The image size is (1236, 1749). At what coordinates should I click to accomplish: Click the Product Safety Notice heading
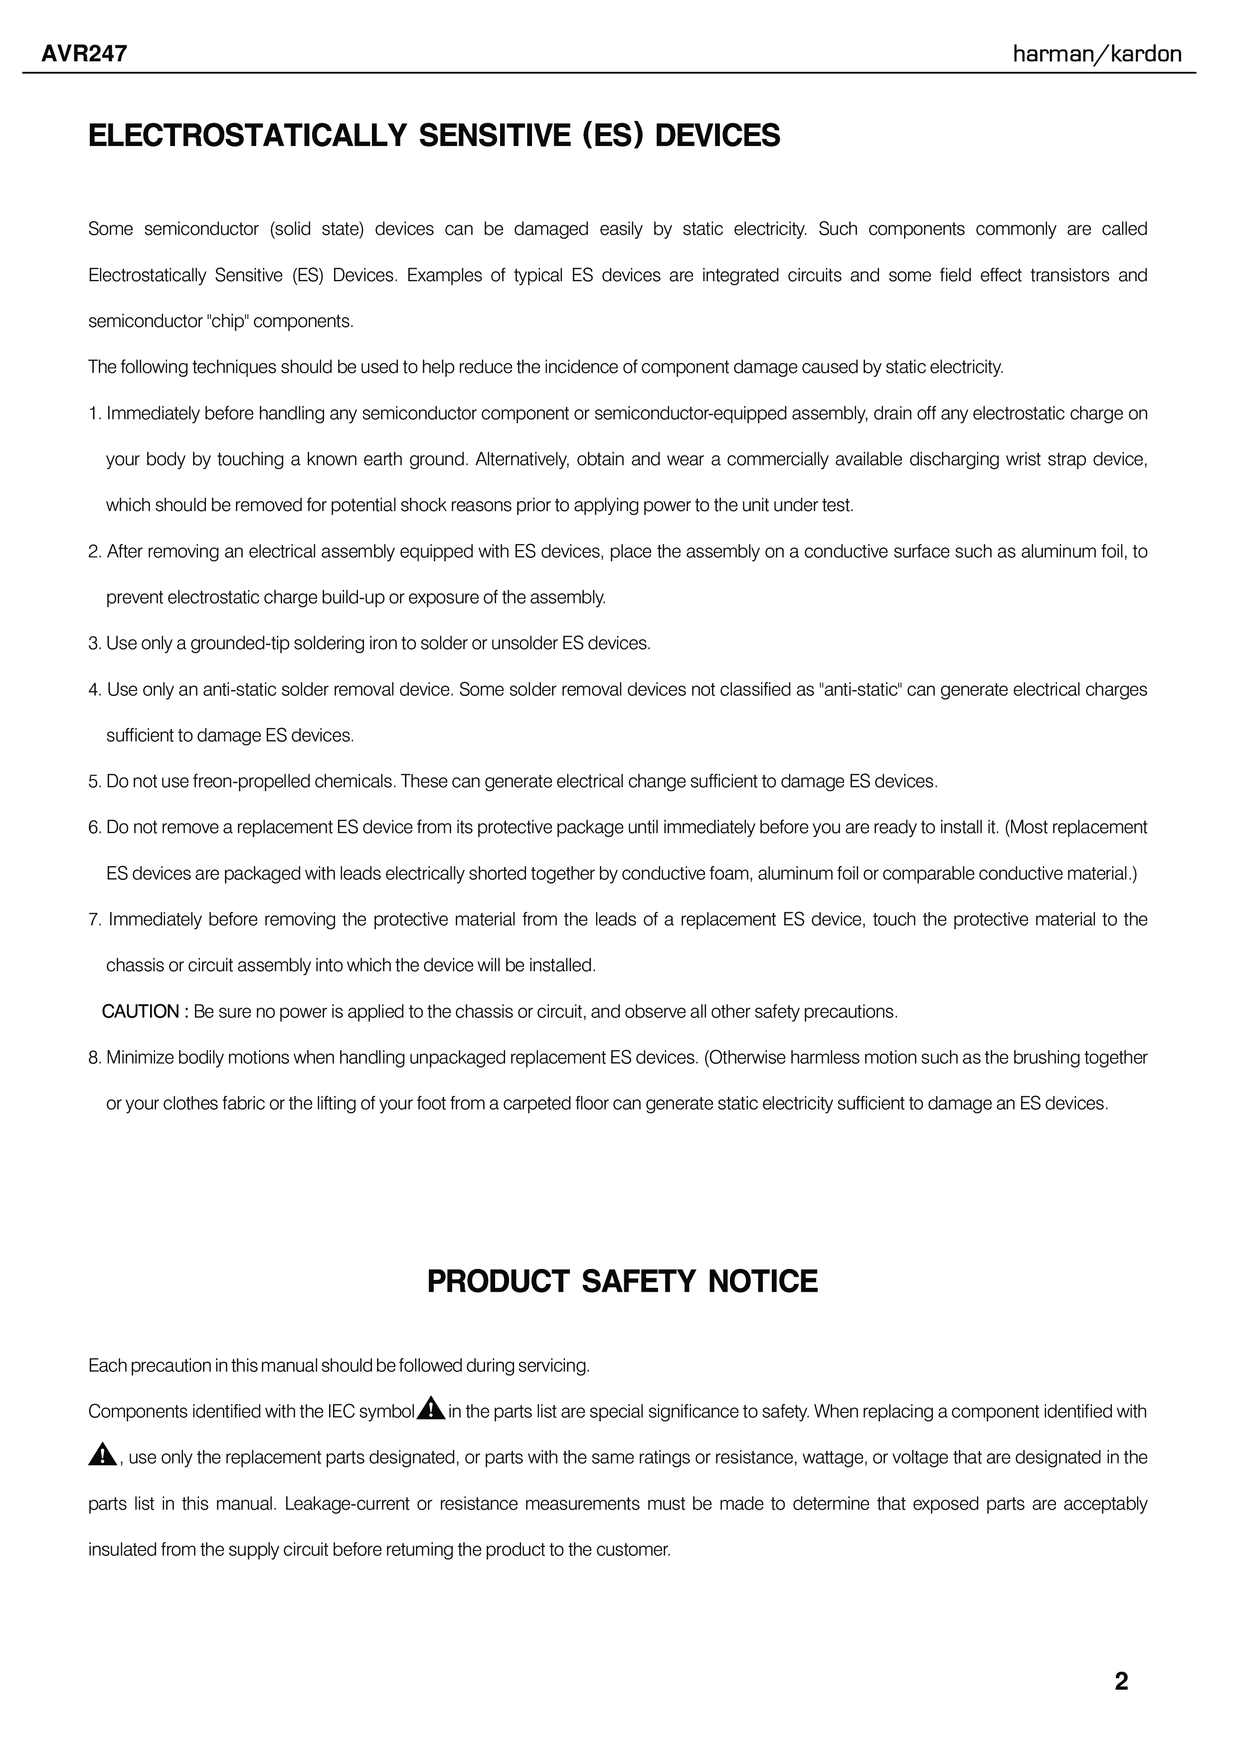[x=622, y=1281]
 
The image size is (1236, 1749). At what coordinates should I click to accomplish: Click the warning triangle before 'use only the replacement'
[x=101, y=1456]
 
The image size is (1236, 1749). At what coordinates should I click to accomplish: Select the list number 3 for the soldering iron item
[x=94, y=644]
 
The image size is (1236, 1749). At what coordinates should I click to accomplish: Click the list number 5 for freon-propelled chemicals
[x=94, y=782]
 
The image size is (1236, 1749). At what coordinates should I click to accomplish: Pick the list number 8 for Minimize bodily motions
[x=94, y=1058]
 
